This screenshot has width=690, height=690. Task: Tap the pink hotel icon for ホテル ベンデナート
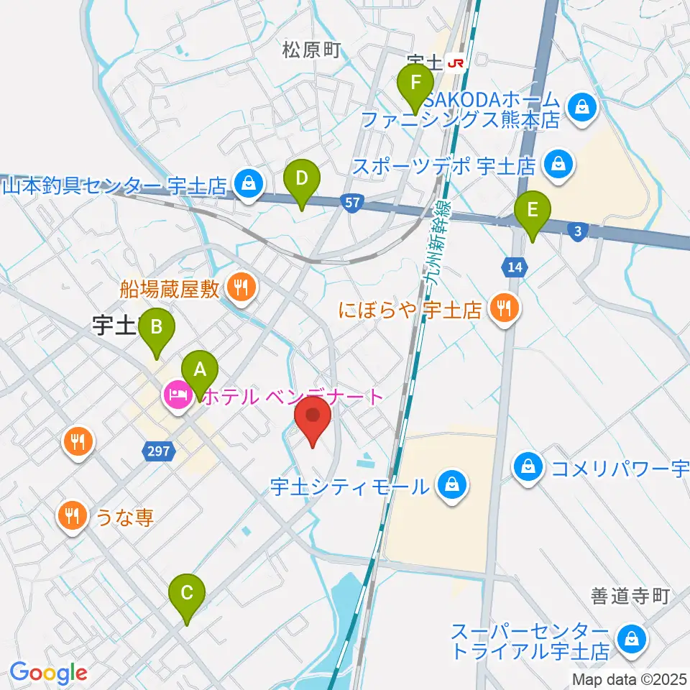tap(178, 395)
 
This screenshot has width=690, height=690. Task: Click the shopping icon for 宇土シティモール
tap(451, 487)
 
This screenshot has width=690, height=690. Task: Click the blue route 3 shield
tap(577, 231)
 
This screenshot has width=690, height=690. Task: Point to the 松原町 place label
tap(310, 50)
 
